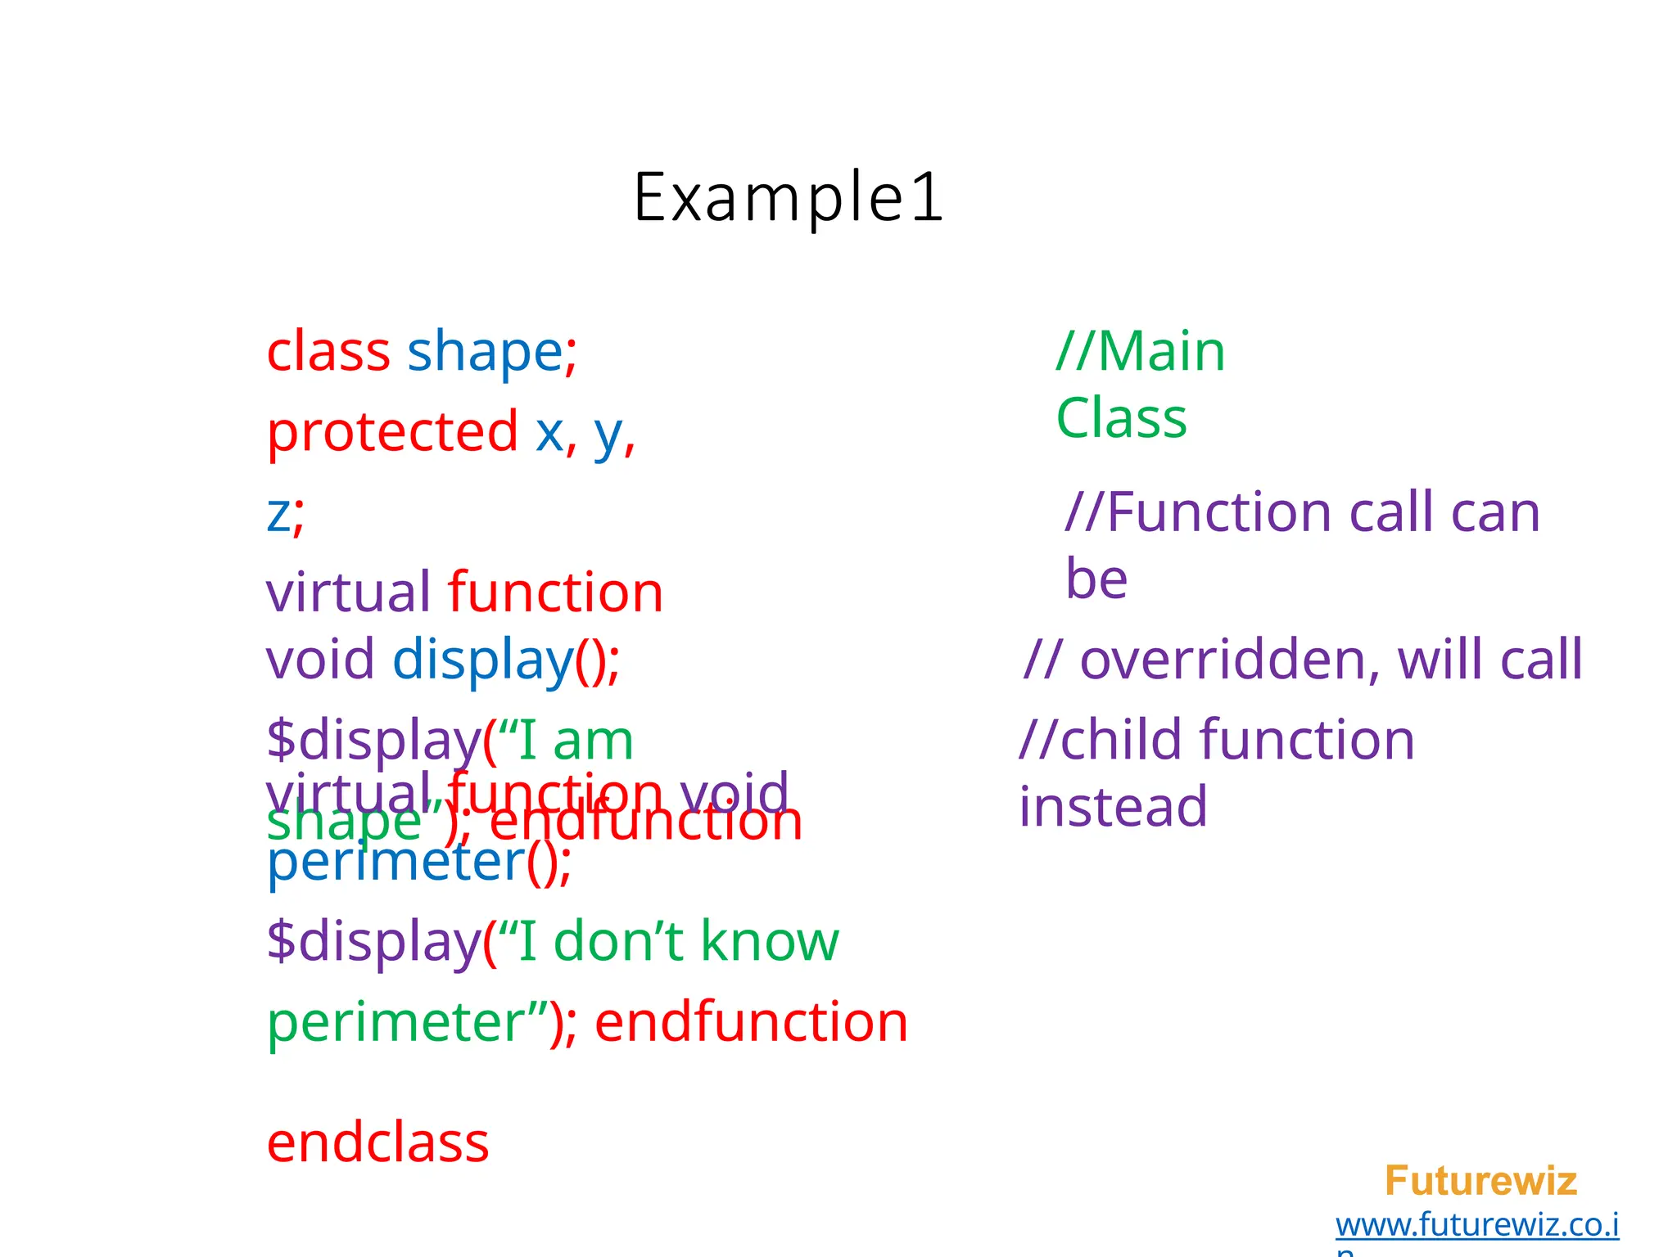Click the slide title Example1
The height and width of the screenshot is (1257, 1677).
789,197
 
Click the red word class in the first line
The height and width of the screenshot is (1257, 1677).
328,352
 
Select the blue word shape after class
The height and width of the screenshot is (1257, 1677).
484,352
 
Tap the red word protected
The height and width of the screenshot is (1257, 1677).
392,431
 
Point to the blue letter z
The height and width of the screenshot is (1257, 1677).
278,514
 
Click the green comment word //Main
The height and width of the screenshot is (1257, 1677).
1140,352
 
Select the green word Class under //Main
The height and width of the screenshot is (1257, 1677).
1121,418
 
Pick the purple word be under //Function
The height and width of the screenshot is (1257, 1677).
1096,579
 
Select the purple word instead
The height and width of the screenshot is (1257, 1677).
1112,807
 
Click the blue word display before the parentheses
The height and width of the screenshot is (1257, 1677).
482,660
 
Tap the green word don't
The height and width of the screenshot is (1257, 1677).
619,941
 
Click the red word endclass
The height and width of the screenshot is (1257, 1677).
377,1143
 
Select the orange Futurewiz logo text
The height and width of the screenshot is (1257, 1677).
1480,1181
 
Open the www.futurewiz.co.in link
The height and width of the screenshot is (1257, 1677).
1476,1225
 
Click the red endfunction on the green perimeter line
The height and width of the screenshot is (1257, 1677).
751,1022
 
